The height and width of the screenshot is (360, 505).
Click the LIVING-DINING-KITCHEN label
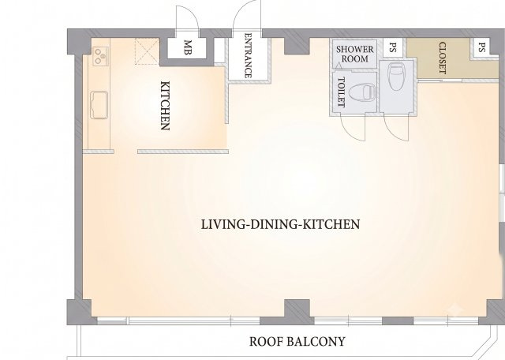point(280,224)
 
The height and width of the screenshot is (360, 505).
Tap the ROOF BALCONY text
point(297,341)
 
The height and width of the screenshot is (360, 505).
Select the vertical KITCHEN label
point(165,106)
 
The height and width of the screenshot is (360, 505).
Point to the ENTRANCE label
point(249,55)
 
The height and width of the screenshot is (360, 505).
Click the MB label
point(189,47)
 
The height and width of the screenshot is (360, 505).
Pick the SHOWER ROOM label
point(355,54)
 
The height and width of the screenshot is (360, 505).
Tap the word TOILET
point(341,92)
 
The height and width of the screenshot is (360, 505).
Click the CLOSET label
point(443,58)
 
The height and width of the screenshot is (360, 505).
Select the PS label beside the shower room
point(392,47)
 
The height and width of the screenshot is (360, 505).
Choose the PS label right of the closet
point(481,47)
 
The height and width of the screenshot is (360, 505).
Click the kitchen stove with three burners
point(100,56)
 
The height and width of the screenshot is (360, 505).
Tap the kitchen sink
point(99,105)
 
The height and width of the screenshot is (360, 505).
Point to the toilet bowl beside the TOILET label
point(363,92)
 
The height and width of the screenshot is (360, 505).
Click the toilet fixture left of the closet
point(396,77)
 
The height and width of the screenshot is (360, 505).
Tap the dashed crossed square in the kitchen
point(147,51)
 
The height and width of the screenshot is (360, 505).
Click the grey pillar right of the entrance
point(297,45)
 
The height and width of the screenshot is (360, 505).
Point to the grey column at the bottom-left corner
point(79,311)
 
